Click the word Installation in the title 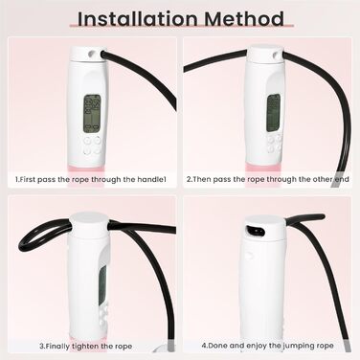point(137,18)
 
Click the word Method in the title point(244,18)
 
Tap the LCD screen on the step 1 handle point(92,113)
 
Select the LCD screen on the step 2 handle point(274,113)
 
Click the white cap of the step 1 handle point(88,54)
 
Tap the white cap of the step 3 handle point(89,224)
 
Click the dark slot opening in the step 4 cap point(257,231)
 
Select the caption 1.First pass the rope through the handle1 point(91,179)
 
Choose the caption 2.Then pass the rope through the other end point(267,179)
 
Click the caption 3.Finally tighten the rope point(85,346)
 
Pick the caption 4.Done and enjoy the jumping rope point(267,346)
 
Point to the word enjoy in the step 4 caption point(258,346)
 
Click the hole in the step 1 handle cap point(93,54)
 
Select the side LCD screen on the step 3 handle point(102,285)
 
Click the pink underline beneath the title point(181,26)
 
